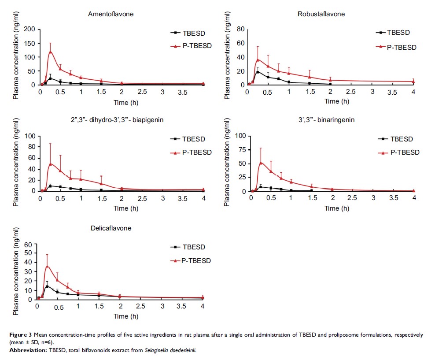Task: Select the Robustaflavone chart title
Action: coord(321,14)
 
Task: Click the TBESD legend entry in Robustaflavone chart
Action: coord(399,33)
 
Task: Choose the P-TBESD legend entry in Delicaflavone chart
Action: coord(196,261)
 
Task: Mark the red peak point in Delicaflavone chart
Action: coord(47,266)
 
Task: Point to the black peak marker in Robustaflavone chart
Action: coord(257,72)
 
